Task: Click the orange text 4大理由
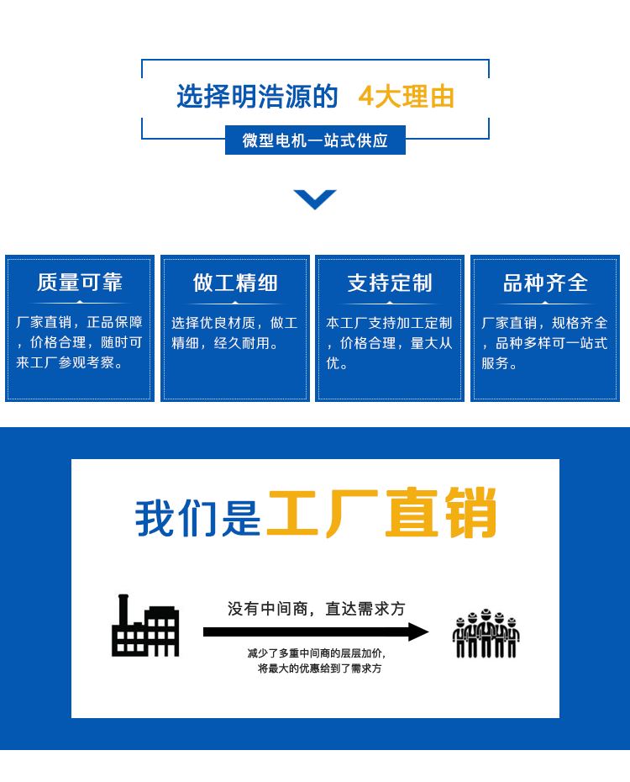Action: [406, 96]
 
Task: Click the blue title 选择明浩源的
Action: [258, 96]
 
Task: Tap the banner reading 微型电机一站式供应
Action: [315, 140]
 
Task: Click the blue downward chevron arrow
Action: [315, 199]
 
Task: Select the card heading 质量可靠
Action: [80, 283]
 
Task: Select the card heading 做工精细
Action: [235, 283]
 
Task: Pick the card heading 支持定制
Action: [390, 283]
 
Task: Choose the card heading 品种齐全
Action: [545, 283]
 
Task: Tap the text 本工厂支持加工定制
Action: [389, 323]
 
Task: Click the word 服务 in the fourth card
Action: [495, 363]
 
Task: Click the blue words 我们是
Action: [197, 519]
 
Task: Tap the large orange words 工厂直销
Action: [382, 513]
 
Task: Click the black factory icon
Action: [145, 626]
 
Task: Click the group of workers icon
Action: [486, 633]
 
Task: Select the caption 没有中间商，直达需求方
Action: [316, 609]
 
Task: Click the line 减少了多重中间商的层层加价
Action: [316, 653]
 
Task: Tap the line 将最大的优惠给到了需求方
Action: [320, 668]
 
